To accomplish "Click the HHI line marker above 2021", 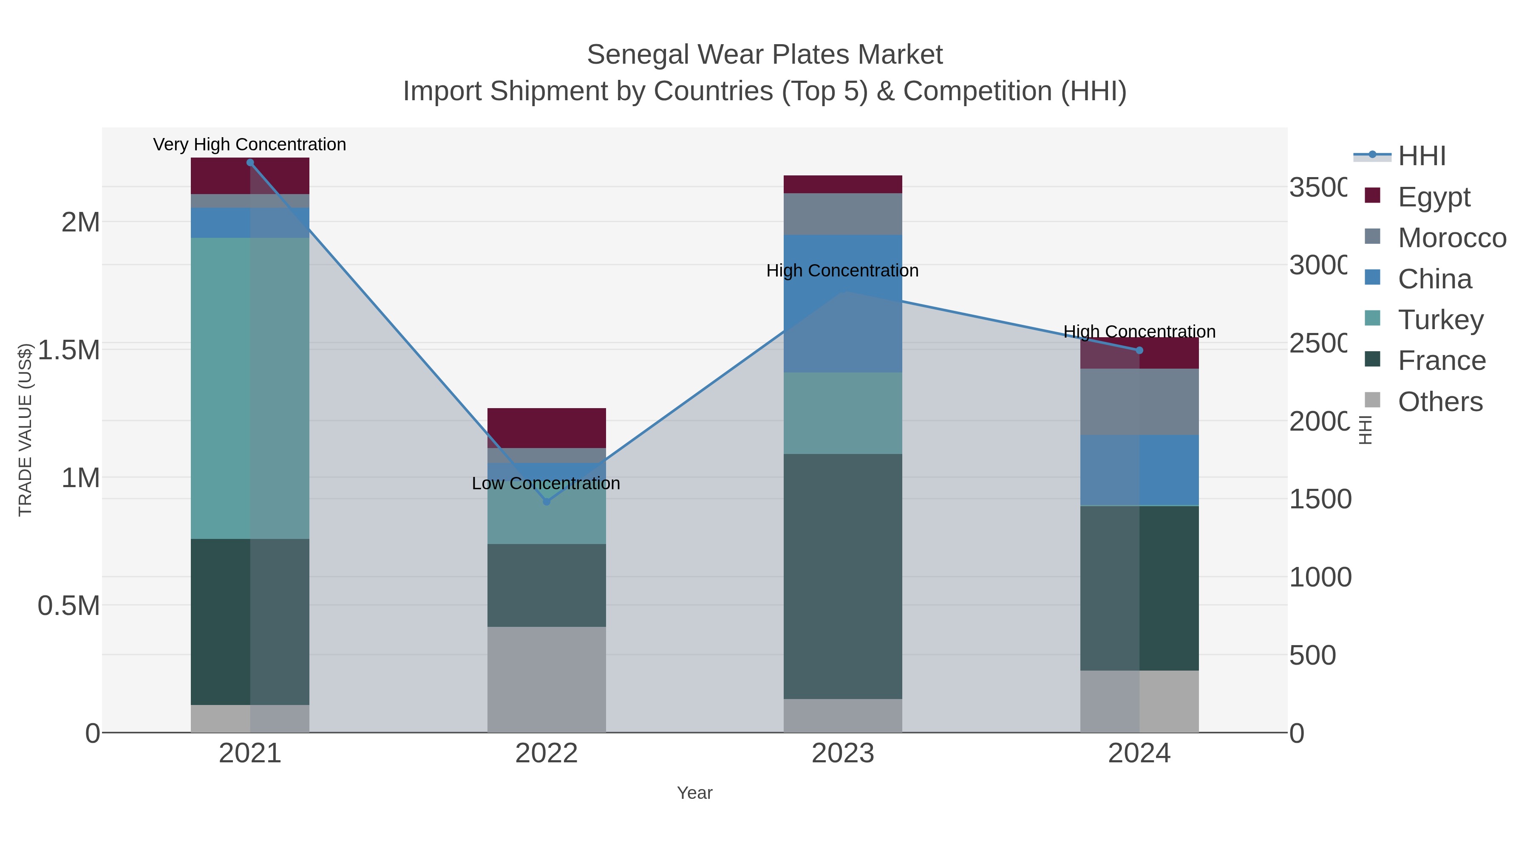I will pyautogui.click(x=250, y=163).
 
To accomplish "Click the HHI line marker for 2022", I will pyautogui.click(x=547, y=502).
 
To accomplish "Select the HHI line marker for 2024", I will pyautogui.click(x=1139, y=350).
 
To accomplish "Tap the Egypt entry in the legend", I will pyautogui.click(x=1434, y=197).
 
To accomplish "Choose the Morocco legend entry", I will pyautogui.click(x=1452, y=238).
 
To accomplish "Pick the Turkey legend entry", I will pyautogui.click(x=1440, y=320).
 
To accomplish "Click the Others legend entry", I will pyautogui.click(x=1440, y=402).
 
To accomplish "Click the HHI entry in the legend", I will pyautogui.click(x=1421, y=156).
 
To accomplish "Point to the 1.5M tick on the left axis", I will pyautogui.click(x=69, y=350).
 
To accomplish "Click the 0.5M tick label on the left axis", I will pyautogui.click(x=69, y=606).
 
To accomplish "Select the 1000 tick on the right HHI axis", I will pyautogui.click(x=1320, y=577).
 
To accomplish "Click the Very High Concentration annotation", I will pyautogui.click(x=249, y=144).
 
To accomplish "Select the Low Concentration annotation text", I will pyautogui.click(x=546, y=483).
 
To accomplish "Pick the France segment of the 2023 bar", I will pyautogui.click(x=843, y=576).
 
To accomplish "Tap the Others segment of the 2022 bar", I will pyautogui.click(x=547, y=679).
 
